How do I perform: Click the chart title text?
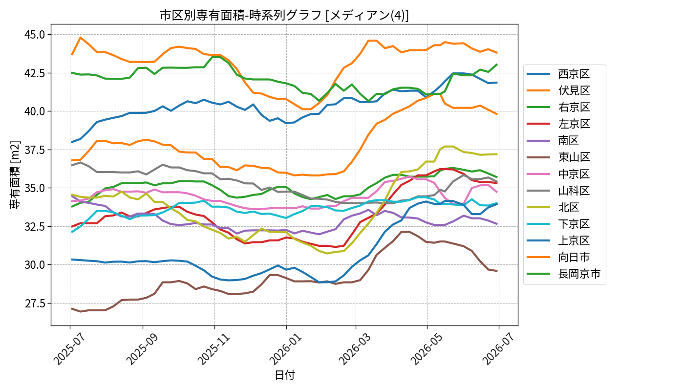point(284,15)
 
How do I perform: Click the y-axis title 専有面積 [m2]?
point(15,175)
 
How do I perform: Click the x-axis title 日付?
point(284,375)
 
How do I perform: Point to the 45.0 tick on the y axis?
point(35,35)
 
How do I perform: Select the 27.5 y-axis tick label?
point(35,304)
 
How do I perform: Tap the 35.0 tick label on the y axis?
point(35,188)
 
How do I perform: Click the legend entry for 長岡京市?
point(564,274)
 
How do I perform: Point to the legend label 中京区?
point(574,174)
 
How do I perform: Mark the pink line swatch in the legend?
point(538,174)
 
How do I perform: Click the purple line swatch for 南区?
point(538,141)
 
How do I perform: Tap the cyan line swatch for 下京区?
point(538,224)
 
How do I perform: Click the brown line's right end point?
point(497,271)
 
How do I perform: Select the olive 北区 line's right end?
point(497,154)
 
